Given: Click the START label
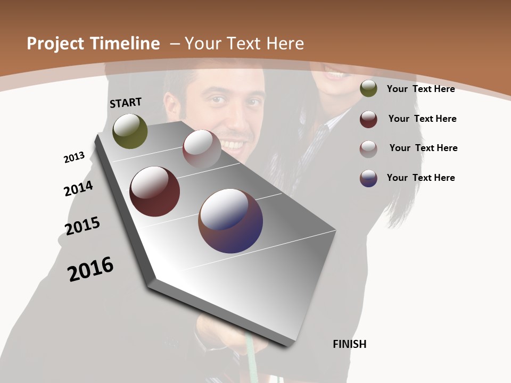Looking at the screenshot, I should coord(126,103).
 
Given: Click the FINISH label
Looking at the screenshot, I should coord(349,344).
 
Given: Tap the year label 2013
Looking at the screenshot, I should coord(74,157).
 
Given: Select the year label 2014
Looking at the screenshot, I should coord(78,189).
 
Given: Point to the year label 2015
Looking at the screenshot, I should coord(83,226).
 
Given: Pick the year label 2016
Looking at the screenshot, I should coord(90,269).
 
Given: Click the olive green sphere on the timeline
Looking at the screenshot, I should coord(130,131).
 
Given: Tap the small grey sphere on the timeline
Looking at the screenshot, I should coord(202,148).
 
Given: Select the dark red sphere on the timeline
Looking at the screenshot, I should coord(154,191).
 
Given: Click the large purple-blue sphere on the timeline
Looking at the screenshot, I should coord(230,221).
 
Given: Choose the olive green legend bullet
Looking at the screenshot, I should coord(368,89).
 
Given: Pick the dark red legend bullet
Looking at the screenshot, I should coord(368,119).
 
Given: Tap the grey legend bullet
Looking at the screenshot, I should coord(368,148).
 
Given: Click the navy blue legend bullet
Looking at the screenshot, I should coord(368,178).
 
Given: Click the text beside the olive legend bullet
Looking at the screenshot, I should coord(421,89).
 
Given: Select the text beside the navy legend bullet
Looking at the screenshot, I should coord(421,178).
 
